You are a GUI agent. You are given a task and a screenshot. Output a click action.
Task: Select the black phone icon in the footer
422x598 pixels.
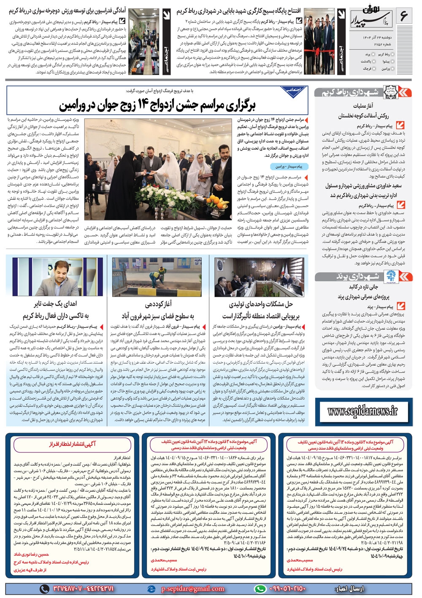(44, 589)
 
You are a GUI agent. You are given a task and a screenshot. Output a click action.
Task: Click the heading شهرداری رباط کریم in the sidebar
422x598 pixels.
(349, 92)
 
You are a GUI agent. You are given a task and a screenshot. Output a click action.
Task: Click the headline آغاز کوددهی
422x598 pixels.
(158, 304)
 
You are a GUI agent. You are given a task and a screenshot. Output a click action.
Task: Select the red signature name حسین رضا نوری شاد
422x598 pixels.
(32, 554)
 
